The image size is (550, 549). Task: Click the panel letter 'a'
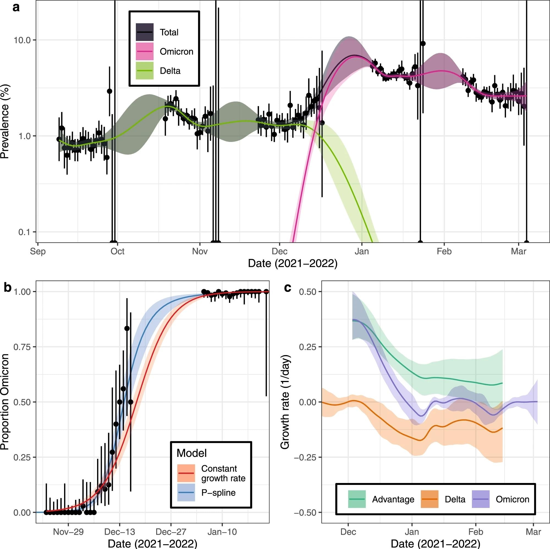tap(16, 7)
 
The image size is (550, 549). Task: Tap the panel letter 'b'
tap(8, 288)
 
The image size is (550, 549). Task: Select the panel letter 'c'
tap(288, 288)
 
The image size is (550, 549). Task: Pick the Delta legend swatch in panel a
tap(145, 71)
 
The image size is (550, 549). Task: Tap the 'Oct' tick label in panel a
tap(117, 251)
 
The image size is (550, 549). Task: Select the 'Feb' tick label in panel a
tap(444, 251)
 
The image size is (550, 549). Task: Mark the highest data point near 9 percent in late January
tap(423, 43)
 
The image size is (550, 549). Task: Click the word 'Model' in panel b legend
tap(192, 453)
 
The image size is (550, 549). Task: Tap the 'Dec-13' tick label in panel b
tap(120, 532)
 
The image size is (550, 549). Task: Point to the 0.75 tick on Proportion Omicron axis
tap(22, 347)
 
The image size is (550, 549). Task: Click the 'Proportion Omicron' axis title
tap(5, 402)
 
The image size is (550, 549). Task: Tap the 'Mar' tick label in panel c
tap(533, 532)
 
